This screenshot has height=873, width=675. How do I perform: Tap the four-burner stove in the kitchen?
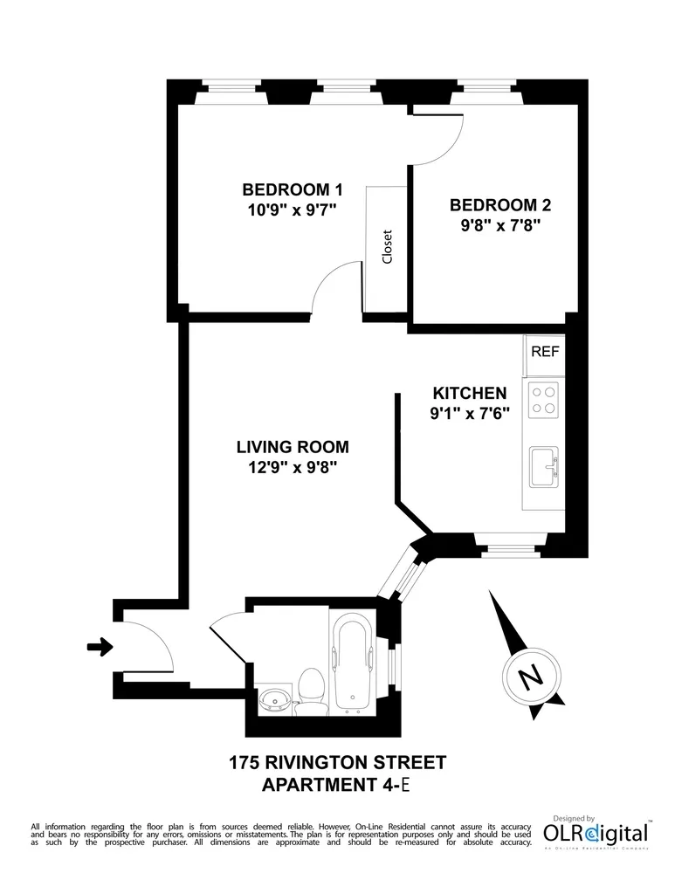544,401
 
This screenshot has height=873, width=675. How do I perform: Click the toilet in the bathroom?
311,690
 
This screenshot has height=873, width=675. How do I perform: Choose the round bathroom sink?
275,700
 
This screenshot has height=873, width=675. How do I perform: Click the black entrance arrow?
100,647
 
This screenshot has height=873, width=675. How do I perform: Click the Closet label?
387,247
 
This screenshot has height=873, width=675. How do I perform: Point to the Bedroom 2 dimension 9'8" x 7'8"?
499,227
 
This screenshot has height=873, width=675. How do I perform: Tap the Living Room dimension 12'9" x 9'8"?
292,467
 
